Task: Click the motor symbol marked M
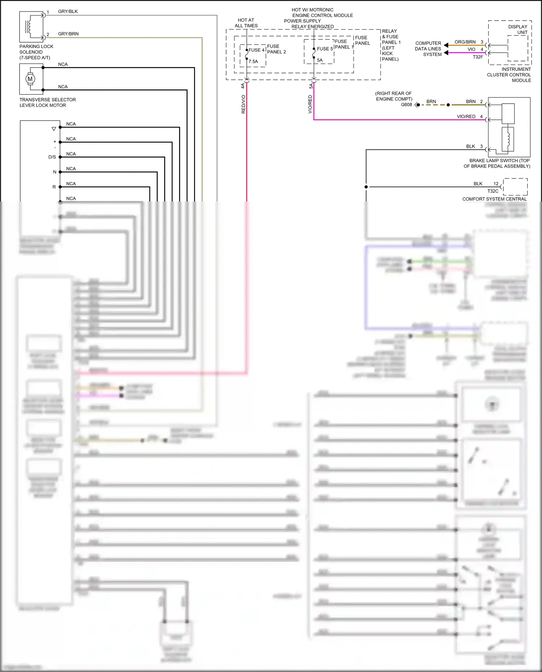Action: click(x=30, y=79)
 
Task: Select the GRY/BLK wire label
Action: click(x=68, y=12)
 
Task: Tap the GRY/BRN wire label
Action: click(x=68, y=34)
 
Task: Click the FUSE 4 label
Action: click(x=256, y=50)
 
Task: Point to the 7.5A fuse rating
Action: click(x=253, y=61)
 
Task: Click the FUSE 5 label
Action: click(x=325, y=49)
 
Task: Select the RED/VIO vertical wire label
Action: click(x=243, y=104)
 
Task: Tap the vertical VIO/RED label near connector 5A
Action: click(x=310, y=104)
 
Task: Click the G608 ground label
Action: click(x=406, y=105)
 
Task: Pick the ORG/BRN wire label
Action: click(x=465, y=42)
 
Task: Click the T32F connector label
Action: click(x=478, y=57)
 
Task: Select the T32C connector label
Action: click(x=492, y=191)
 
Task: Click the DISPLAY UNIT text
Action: click(x=518, y=30)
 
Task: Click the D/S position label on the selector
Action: click(x=52, y=157)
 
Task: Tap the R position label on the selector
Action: click(x=54, y=187)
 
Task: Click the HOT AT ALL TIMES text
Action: click(x=246, y=23)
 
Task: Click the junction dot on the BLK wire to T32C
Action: click(x=366, y=187)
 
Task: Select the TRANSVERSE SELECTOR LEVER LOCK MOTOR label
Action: click(x=47, y=103)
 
